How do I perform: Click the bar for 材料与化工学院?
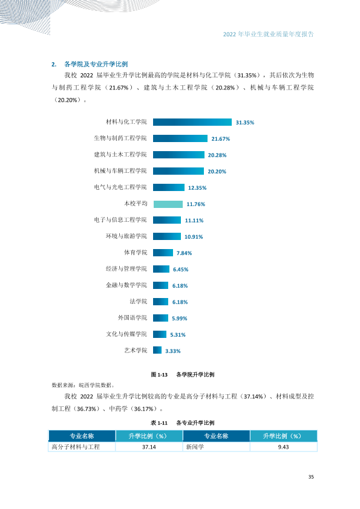coord(192,122)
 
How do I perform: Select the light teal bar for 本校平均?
coord(168,204)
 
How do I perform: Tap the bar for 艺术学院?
coord(157,350)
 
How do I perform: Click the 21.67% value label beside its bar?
coord(221,138)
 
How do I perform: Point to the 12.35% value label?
coord(197,187)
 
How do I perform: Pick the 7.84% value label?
coord(184,253)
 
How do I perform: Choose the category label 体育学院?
coord(136,252)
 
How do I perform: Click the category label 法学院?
coord(139,301)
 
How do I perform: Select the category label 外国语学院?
coord(133,317)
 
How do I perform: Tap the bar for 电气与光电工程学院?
coord(169,187)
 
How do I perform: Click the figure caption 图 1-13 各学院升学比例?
coord(183,375)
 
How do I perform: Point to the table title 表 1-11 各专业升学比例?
coord(183,423)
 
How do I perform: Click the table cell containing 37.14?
coord(149,447)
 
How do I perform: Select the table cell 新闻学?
coord(217,447)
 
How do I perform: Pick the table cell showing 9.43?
coord(284,447)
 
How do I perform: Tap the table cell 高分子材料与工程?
coord(82,447)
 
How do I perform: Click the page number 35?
coord(311,477)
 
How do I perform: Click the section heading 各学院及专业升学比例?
coord(96,64)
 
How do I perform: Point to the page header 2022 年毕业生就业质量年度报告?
coord(269,34)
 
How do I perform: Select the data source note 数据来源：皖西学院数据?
coord(83,385)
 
